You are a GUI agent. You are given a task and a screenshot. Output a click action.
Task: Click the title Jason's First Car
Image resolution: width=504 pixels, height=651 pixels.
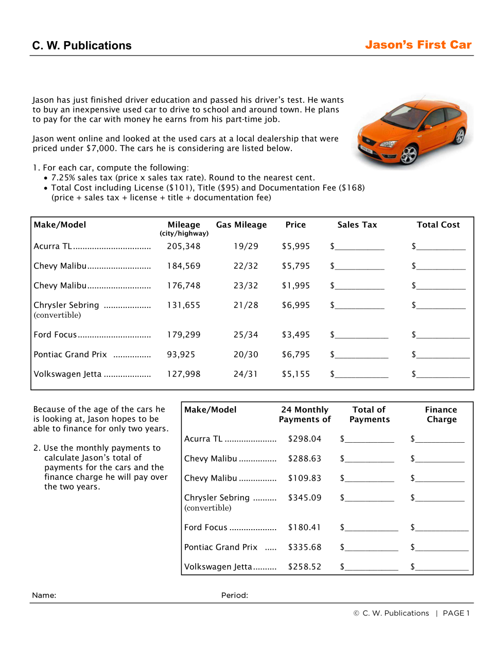click(x=418, y=45)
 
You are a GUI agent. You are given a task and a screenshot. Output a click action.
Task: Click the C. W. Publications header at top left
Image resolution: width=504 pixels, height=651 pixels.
click(x=82, y=46)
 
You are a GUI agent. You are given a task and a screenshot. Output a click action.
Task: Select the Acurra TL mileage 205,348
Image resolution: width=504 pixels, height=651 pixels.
click(x=184, y=246)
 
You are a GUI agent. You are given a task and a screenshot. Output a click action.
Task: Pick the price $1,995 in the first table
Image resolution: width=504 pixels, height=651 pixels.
click(x=296, y=285)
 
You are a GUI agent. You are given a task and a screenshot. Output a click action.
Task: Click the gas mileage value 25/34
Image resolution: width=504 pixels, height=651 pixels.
click(x=246, y=335)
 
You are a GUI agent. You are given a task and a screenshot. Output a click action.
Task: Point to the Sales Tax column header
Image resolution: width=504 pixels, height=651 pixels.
click(x=357, y=225)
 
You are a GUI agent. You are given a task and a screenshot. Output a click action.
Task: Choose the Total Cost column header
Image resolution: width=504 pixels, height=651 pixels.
click(x=438, y=225)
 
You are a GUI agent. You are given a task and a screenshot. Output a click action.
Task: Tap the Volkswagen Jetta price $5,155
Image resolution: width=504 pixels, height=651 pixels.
click(x=296, y=374)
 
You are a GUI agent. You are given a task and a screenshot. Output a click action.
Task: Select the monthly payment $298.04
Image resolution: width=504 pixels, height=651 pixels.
click(x=305, y=439)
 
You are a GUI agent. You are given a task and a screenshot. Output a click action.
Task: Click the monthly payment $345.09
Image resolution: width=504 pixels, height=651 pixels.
click(x=305, y=497)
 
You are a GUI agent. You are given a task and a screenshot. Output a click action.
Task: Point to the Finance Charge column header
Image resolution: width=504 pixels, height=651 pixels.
click(x=441, y=414)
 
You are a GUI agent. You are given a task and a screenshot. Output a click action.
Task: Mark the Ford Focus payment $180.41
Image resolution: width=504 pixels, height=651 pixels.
click(x=305, y=527)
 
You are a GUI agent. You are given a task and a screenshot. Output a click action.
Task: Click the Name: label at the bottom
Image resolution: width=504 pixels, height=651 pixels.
click(x=44, y=595)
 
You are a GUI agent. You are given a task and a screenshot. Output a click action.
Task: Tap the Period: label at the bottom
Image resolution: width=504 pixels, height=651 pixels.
click(x=235, y=595)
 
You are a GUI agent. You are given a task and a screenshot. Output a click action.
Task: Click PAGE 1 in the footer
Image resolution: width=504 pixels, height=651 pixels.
click(x=456, y=613)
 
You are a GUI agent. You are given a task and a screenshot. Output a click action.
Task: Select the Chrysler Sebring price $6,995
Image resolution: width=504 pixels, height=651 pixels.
click(x=296, y=305)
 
